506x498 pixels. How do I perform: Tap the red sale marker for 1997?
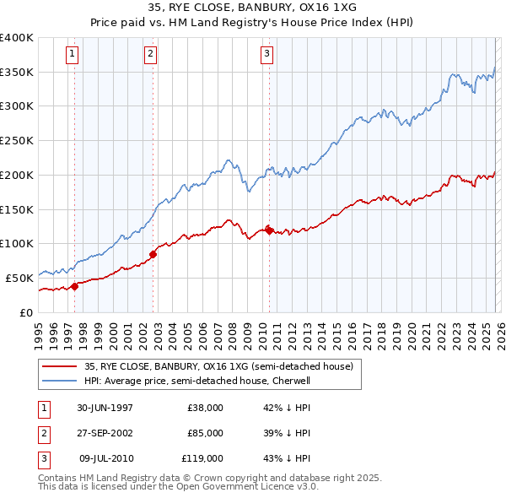pyautogui.click(x=74, y=286)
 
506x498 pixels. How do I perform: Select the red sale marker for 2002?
pyautogui.click(x=153, y=253)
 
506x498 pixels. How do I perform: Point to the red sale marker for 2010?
pyautogui.click(x=269, y=230)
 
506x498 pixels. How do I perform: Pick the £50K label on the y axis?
pyautogui.click(x=19, y=278)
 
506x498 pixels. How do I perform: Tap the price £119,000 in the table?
pyautogui.click(x=203, y=458)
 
